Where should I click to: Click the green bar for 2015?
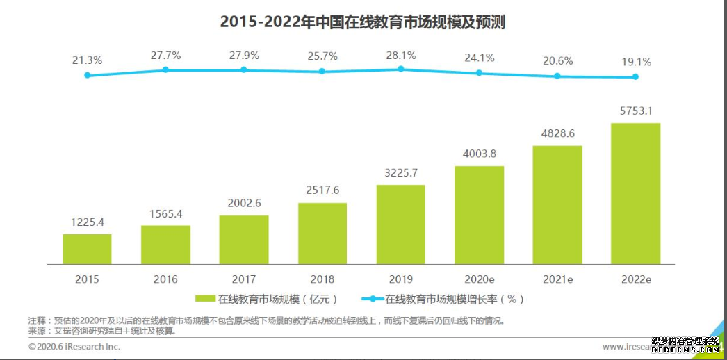pyautogui.click(x=87, y=249)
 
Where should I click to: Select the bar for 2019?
pyautogui.click(x=400, y=224)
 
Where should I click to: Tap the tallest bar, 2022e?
pyautogui.click(x=635, y=194)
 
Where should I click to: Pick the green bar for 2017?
pyautogui.click(x=244, y=240)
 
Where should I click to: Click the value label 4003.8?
pyautogui.click(x=479, y=154)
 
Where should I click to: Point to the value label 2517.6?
pyautogui.click(x=322, y=190)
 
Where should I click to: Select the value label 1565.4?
pyautogui.click(x=165, y=213)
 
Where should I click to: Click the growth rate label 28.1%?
pyautogui.click(x=400, y=55)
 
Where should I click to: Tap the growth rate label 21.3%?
pyautogui.click(x=87, y=60)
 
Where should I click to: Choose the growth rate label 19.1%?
pyautogui.click(x=635, y=62)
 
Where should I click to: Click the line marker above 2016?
pyautogui.click(x=165, y=69)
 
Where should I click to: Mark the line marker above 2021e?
pyautogui.click(x=557, y=76)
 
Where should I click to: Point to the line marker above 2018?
pyautogui.click(x=322, y=71)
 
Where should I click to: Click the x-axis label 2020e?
pyautogui.click(x=479, y=279)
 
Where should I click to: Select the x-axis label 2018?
pyautogui.click(x=322, y=279)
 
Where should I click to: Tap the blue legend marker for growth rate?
pyautogui.click(x=372, y=300)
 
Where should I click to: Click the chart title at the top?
pyautogui.click(x=362, y=22)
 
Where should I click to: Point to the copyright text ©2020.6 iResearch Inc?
pyautogui.click(x=74, y=346)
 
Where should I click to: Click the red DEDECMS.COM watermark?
pyautogui.click(x=684, y=346)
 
